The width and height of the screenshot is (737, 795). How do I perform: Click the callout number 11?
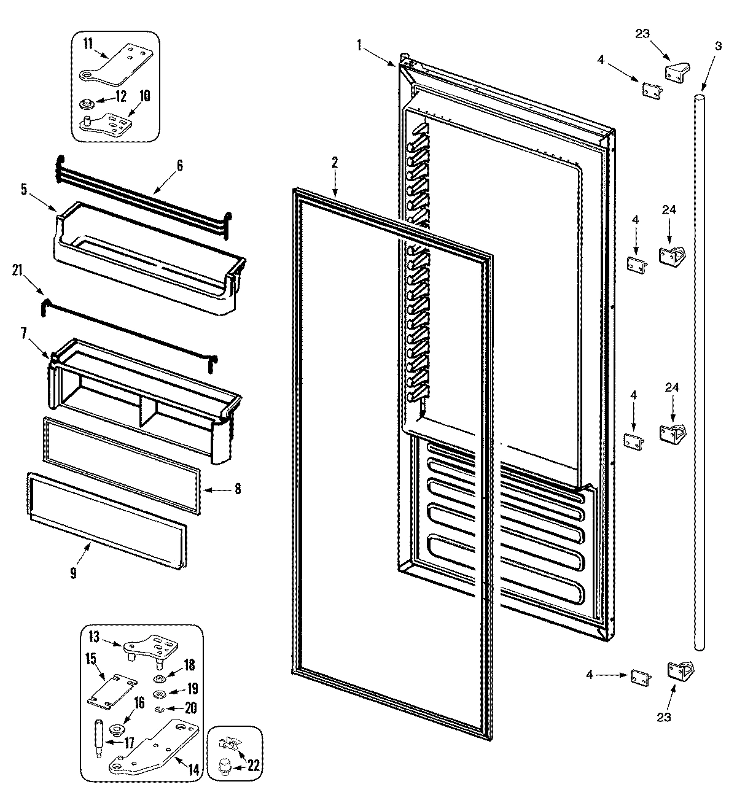(x=88, y=44)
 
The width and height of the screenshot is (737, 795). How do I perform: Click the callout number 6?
(x=179, y=165)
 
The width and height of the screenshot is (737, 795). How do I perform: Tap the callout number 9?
(x=73, y=573)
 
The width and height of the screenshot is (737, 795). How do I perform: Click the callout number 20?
(x=191, y=708)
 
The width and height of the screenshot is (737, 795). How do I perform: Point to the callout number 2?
(x=335, y=163)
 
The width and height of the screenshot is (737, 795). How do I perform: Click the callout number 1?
(x=359, y=44)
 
